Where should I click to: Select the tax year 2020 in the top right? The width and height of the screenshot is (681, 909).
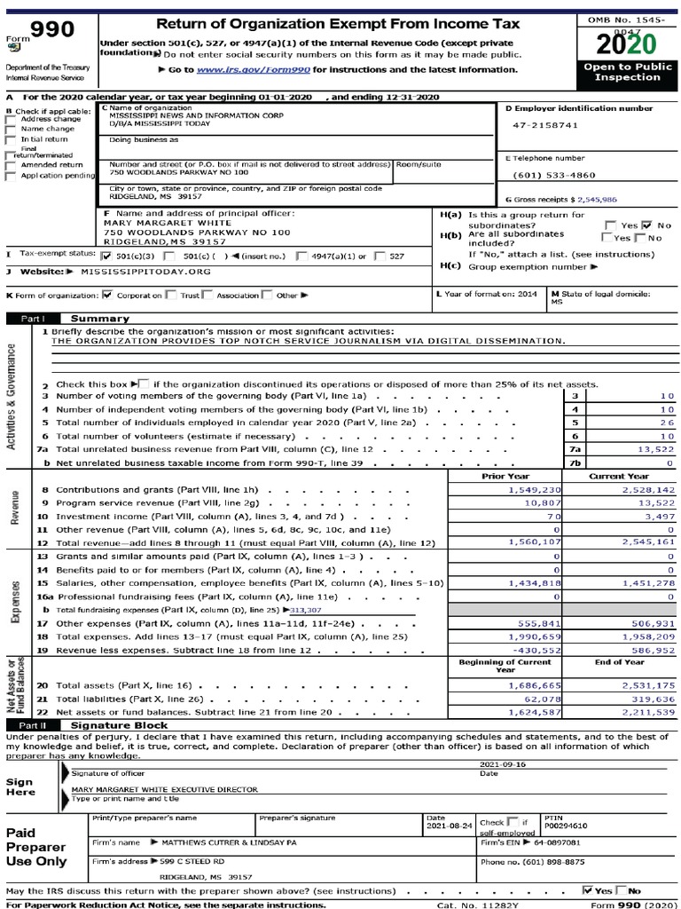click(627, 43)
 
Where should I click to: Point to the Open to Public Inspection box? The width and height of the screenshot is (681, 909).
click(627, 72)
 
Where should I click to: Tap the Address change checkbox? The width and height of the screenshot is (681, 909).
click(11, 119)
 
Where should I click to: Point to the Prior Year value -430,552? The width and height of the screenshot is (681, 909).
click(535, 649)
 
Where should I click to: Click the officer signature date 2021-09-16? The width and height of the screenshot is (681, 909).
click(502, 763)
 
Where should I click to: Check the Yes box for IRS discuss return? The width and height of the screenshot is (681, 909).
click(588, 889)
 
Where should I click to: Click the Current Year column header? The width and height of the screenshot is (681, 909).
click(618, 476)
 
